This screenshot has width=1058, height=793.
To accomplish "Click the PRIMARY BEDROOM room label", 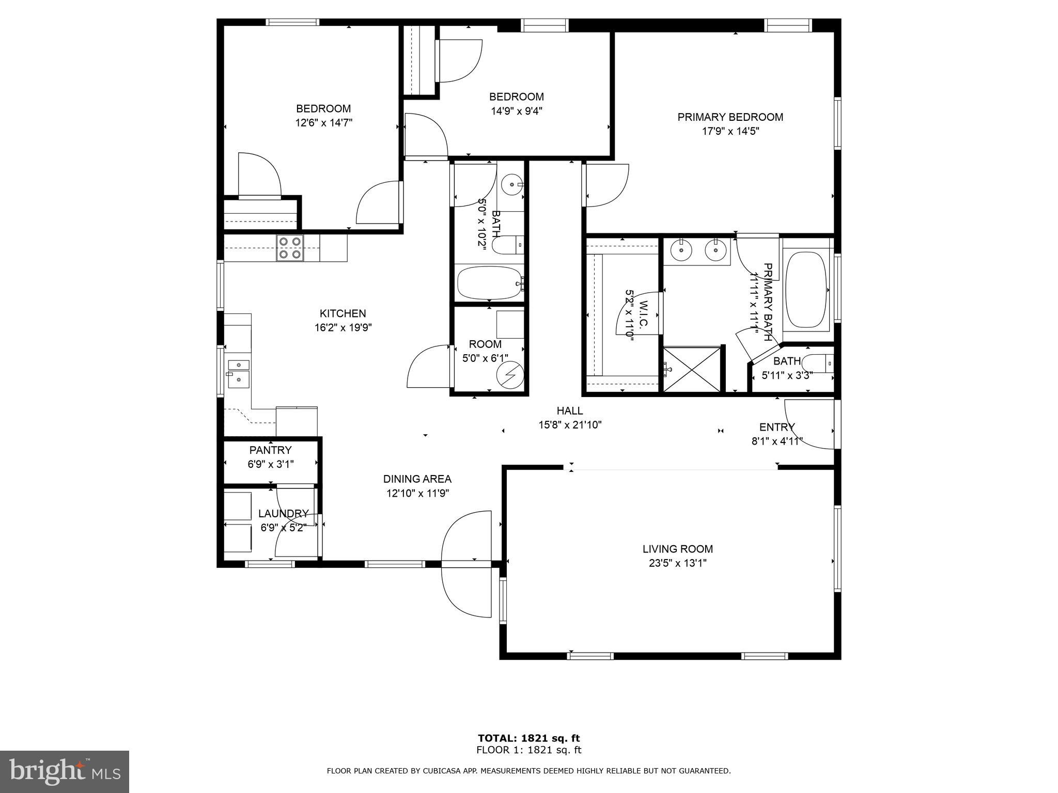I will click(x=730, y=117).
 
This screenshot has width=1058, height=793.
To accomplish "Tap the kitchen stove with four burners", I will click(x=289, y=248).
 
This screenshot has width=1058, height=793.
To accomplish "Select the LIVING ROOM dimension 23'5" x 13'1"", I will click(x=677, y=563).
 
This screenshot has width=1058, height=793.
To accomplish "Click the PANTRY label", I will click(x=270, y=450).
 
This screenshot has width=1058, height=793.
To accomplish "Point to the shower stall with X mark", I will click(x=692, y=369).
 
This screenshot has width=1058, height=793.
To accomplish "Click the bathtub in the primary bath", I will click(x=805, y=290).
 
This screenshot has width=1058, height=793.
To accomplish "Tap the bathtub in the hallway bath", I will click(x=490, y=282).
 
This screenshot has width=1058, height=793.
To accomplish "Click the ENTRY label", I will click(x=776, y=427).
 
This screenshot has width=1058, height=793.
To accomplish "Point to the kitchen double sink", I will click(x=239, y=372).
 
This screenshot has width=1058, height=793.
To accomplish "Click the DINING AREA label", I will click(x=417, y=479).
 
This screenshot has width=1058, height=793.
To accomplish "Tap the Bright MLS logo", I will click(x=65, y=772).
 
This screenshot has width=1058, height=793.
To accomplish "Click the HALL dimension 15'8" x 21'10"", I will click(x=569, y=425).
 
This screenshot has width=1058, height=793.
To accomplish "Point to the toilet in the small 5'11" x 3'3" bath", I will click(x=820, y=363).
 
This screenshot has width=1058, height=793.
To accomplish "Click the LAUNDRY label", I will click(x=283, y=514).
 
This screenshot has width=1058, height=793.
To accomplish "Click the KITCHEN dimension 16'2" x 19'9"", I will click(x=343, y=327).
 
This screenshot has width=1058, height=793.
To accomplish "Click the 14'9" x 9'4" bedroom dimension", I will click(x=516, y=110).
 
